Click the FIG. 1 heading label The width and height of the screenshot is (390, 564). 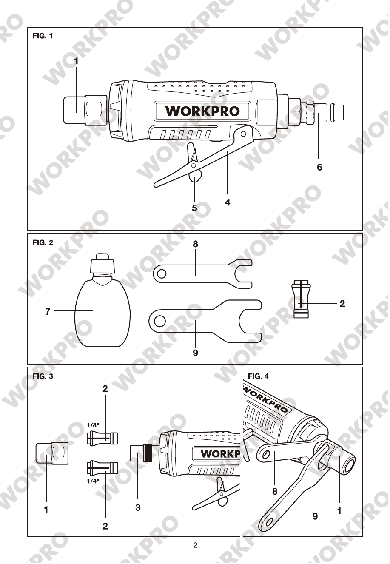tap(43, 36)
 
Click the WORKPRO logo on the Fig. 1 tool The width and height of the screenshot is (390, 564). tap(202, 111)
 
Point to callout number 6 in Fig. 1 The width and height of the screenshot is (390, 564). tap(319, 167)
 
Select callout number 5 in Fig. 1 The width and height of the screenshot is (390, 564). tap(194, 208)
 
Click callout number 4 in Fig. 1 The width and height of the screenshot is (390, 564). tap(228, 202)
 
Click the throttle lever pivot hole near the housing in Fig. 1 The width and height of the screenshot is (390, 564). tap(243, 134)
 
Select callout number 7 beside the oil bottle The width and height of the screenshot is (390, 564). tap(48, 312)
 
